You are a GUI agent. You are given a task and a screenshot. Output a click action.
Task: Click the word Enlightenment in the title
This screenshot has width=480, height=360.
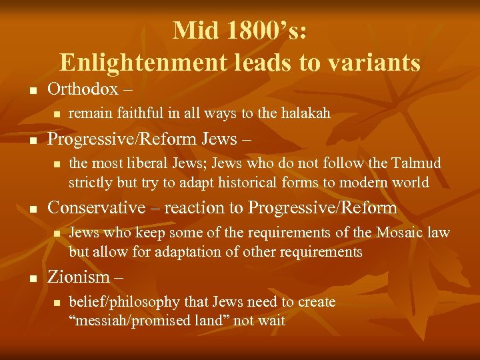tap(143, 63)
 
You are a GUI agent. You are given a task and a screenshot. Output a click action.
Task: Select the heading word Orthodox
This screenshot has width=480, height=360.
tap(83, 89)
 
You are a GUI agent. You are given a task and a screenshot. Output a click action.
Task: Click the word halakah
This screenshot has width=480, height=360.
tap(304, 114)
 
